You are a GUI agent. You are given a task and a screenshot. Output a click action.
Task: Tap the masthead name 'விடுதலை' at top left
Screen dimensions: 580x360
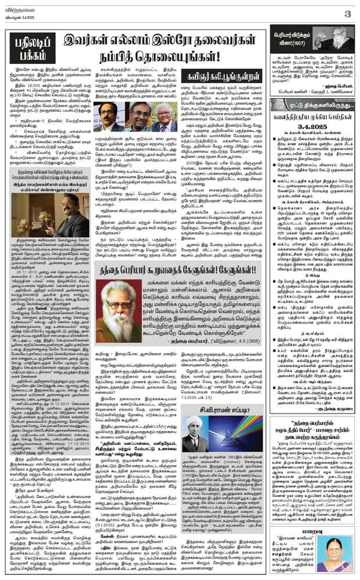pos(19,6)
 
